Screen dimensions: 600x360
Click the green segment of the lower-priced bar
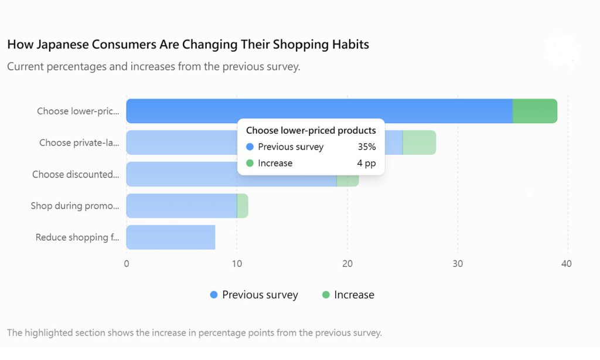tap(534, 111)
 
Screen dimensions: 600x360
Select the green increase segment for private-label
tap(419, 142)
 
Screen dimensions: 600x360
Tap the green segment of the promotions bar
tap(243, 206)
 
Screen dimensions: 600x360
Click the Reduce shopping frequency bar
tap(171, 237)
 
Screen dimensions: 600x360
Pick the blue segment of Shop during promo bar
tap(182, 206)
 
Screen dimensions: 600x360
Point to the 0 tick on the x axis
tap(127, 263)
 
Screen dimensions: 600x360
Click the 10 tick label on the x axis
tap(237, 263)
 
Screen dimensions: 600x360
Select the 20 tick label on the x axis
tap(347, 263)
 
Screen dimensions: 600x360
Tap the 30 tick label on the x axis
tap(458, 263)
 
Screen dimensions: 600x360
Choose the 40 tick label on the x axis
tap(567, 263)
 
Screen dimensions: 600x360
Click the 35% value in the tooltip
tap(367, 147)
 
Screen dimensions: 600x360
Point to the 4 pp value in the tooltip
tap(366, 163)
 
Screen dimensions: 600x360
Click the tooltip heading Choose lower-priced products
tap(311, 131)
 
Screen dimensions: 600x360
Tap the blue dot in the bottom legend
tap(214, 294)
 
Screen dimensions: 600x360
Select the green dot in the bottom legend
tap(326, 294)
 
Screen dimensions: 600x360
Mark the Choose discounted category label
tap(76, 174)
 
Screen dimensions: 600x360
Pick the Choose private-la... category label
tap(79, 142)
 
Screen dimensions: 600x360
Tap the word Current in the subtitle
tap(25, 66)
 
